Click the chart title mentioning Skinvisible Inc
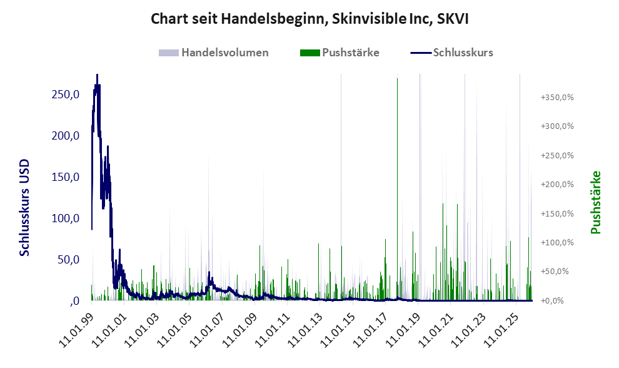tap(309, 19)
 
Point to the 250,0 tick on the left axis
tap(64, 95)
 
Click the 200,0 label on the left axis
tap(64, 136)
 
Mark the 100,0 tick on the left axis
tap(64, 218)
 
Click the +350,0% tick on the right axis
tap(558, 98)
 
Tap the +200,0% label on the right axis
tap(558, 185)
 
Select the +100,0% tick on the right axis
tap(558, 243)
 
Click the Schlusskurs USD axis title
tap(25, 208)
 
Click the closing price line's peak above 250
tap(97, 76)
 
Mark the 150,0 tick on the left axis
tap(64, 177)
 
